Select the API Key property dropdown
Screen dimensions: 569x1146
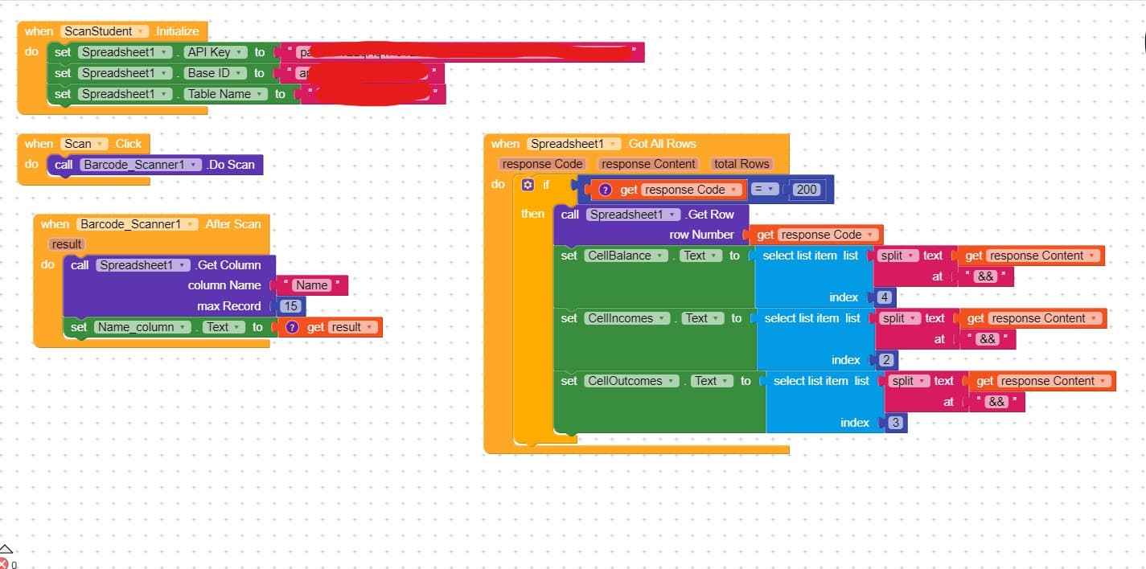coord(215,52)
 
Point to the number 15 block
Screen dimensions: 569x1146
coord(291,306)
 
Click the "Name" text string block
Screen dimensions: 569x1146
coord(311,285)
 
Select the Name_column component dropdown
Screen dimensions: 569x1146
coord(140,327)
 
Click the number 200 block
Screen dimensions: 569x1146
coord(806,190)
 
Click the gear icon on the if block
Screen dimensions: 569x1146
coord(528,185)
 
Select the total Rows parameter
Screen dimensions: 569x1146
coord(741,164)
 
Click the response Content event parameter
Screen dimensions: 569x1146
coord(648,164)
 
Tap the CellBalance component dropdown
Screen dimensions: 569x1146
coord(626,256)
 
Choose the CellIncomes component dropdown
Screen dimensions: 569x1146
coord(627,318)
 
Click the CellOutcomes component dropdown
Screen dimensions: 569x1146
coord(632,381)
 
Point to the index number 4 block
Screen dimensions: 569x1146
coord(885,297)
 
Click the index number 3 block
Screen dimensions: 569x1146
coord(896,423)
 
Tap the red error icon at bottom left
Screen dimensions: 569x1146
coord(5,563)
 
